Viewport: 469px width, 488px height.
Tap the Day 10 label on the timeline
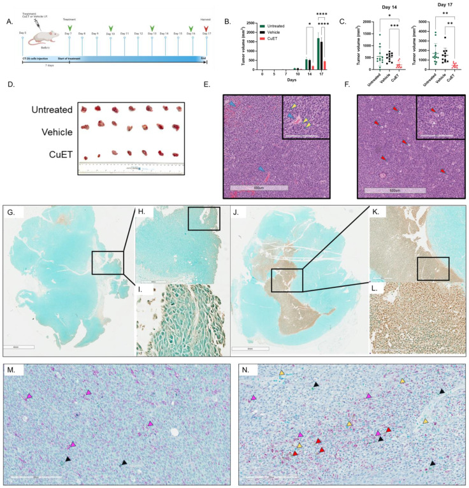[x=111, y=33]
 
